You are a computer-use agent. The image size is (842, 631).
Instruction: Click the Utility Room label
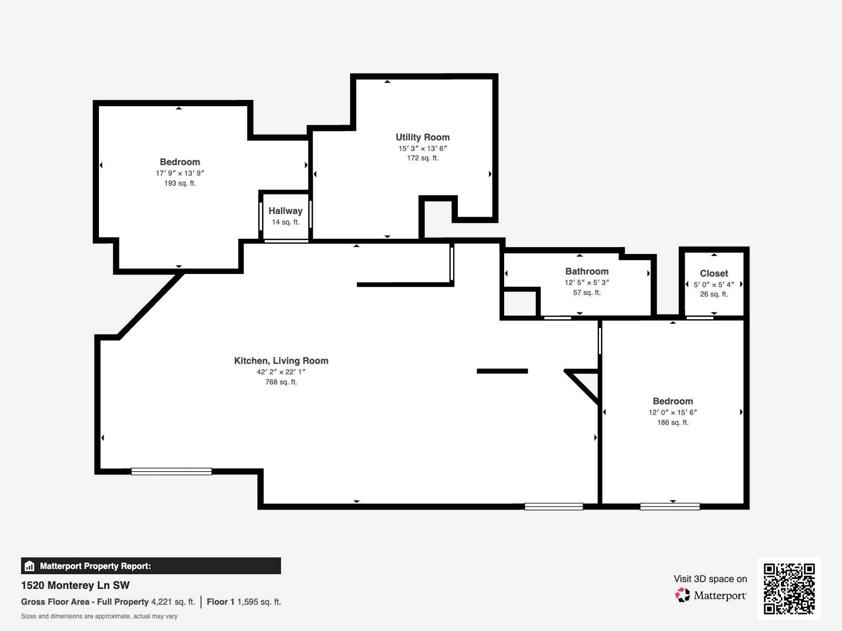pyautogui.click(x=423, y=137)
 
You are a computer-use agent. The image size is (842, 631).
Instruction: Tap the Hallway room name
pyautogui.click(x=285, y=211)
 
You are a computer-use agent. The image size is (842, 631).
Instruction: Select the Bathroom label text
pyautogui.click(x=587, y=271)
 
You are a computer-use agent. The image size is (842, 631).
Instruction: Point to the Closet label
pyautogui.click(x=714, y=273)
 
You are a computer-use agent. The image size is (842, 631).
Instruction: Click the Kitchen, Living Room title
pyautogui.click(x=281, y=361)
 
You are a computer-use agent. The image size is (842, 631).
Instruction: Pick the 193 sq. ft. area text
pyautogui.click(x=180, y=183)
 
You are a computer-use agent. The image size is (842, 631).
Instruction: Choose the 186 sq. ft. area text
pyautogui.click(x=673, y=422)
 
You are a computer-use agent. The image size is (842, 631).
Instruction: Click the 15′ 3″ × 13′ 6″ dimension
pyautogui.click(x=423, y=148)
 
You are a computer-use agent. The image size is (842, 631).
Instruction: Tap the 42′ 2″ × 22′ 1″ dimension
pyautogui.click(x=281, y=372)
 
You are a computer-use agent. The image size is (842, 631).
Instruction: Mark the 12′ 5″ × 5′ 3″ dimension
pyautogui.click(x=587, y=282)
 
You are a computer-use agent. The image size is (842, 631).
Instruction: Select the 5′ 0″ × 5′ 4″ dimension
pyautogui.click(x=714, y=284)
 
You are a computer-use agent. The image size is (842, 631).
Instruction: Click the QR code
pyautogui.click(x=789, y=589)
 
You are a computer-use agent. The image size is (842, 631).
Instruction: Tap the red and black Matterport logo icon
pyautogui.click(x=683, y=595)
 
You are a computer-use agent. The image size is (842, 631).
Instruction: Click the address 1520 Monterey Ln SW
pyautogui.click(x=75, y=585)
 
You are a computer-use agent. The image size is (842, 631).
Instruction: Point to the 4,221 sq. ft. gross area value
pyautogui.click(x=173, y=602)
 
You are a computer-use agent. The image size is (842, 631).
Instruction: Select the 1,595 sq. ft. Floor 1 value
pyautogui.click(x=259, y=602)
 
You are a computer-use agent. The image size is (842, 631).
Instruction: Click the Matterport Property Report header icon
pyautogui.click(x=29, y=566)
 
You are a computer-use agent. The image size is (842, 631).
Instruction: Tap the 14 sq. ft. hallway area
pyautogui.click(x=285, y=222)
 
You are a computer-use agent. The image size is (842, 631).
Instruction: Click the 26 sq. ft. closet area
pyautogui.click(x=714, y=294)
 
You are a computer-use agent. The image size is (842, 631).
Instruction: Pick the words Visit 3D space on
pyautogui.click(x=710, y=579)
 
